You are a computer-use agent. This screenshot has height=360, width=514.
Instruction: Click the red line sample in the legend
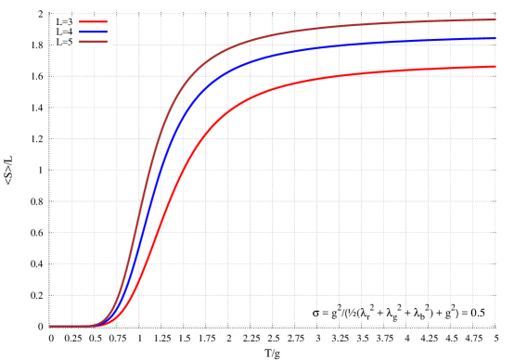click(x=94, y=21)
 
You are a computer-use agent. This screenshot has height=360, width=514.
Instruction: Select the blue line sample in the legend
click(x=94, y=32)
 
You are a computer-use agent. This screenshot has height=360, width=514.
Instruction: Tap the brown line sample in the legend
click(x=94, y=42)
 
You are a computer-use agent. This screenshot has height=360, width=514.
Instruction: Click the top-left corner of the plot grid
click(x=49, y=14)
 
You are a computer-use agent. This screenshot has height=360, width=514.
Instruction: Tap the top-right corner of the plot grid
click(x=495, y=14)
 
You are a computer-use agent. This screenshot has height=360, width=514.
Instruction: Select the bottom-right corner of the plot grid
click(x=495, y=326)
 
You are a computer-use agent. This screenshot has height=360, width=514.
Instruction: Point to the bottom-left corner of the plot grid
click(x=49, y=326)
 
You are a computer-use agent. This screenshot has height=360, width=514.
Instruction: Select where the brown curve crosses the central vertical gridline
click(x=272, y=37)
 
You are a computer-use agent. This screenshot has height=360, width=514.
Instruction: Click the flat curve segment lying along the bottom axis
click(x=70, y=326)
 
